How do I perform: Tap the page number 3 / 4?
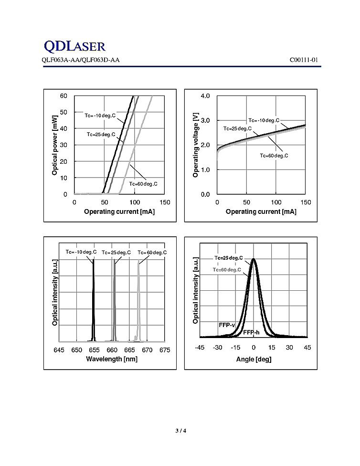point(180,431)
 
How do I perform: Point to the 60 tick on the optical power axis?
point(64,96)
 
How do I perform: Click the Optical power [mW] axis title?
point(54,144)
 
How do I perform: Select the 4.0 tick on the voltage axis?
point(205,96)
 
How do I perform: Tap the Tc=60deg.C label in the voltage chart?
point(274,156)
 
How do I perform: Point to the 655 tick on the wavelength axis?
point(94,350)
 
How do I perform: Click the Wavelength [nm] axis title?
point(112,359)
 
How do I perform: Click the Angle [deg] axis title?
point(254,359)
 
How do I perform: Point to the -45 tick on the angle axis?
point(200,348)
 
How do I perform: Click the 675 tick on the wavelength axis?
point(165,350)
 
